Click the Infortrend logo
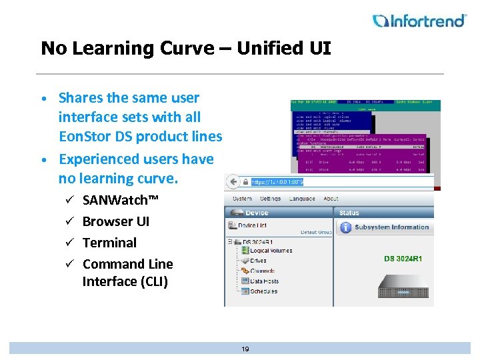419,21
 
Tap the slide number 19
245,349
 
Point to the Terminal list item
109,243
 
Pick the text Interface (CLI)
125,281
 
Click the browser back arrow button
233,181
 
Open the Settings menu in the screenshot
270,198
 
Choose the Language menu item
302,198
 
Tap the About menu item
331,198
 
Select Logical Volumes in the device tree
271,251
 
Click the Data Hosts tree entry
264,281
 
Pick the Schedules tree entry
263,291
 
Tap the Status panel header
349,213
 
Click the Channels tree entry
263,271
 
